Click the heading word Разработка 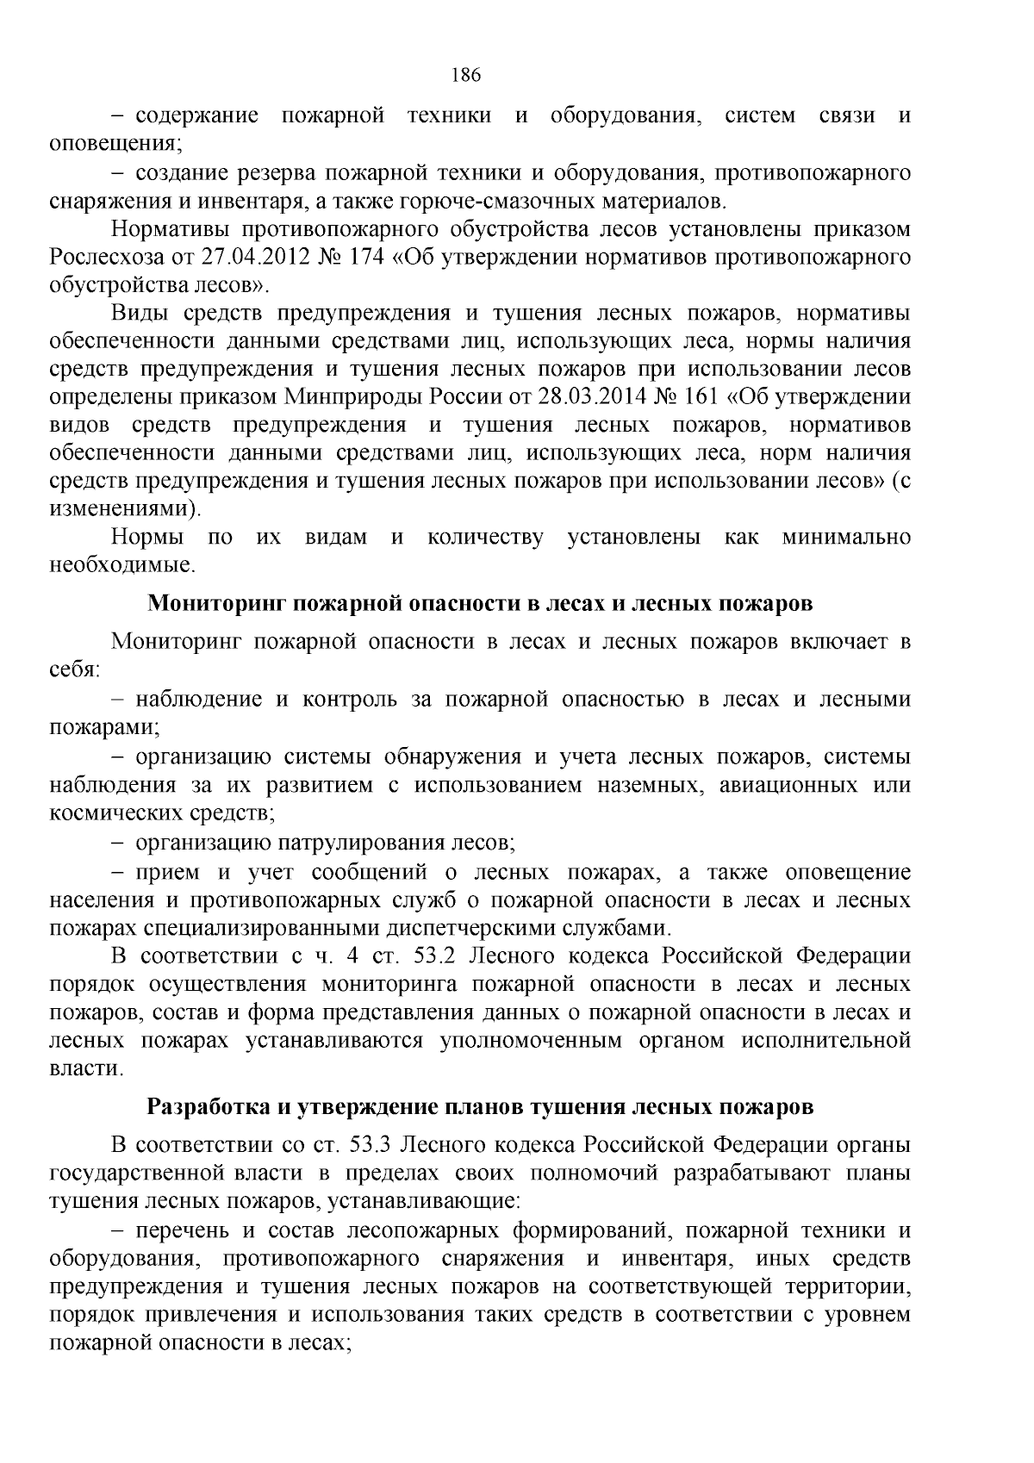[x=209, y=1105]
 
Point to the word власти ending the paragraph [x=85, y=1069]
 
